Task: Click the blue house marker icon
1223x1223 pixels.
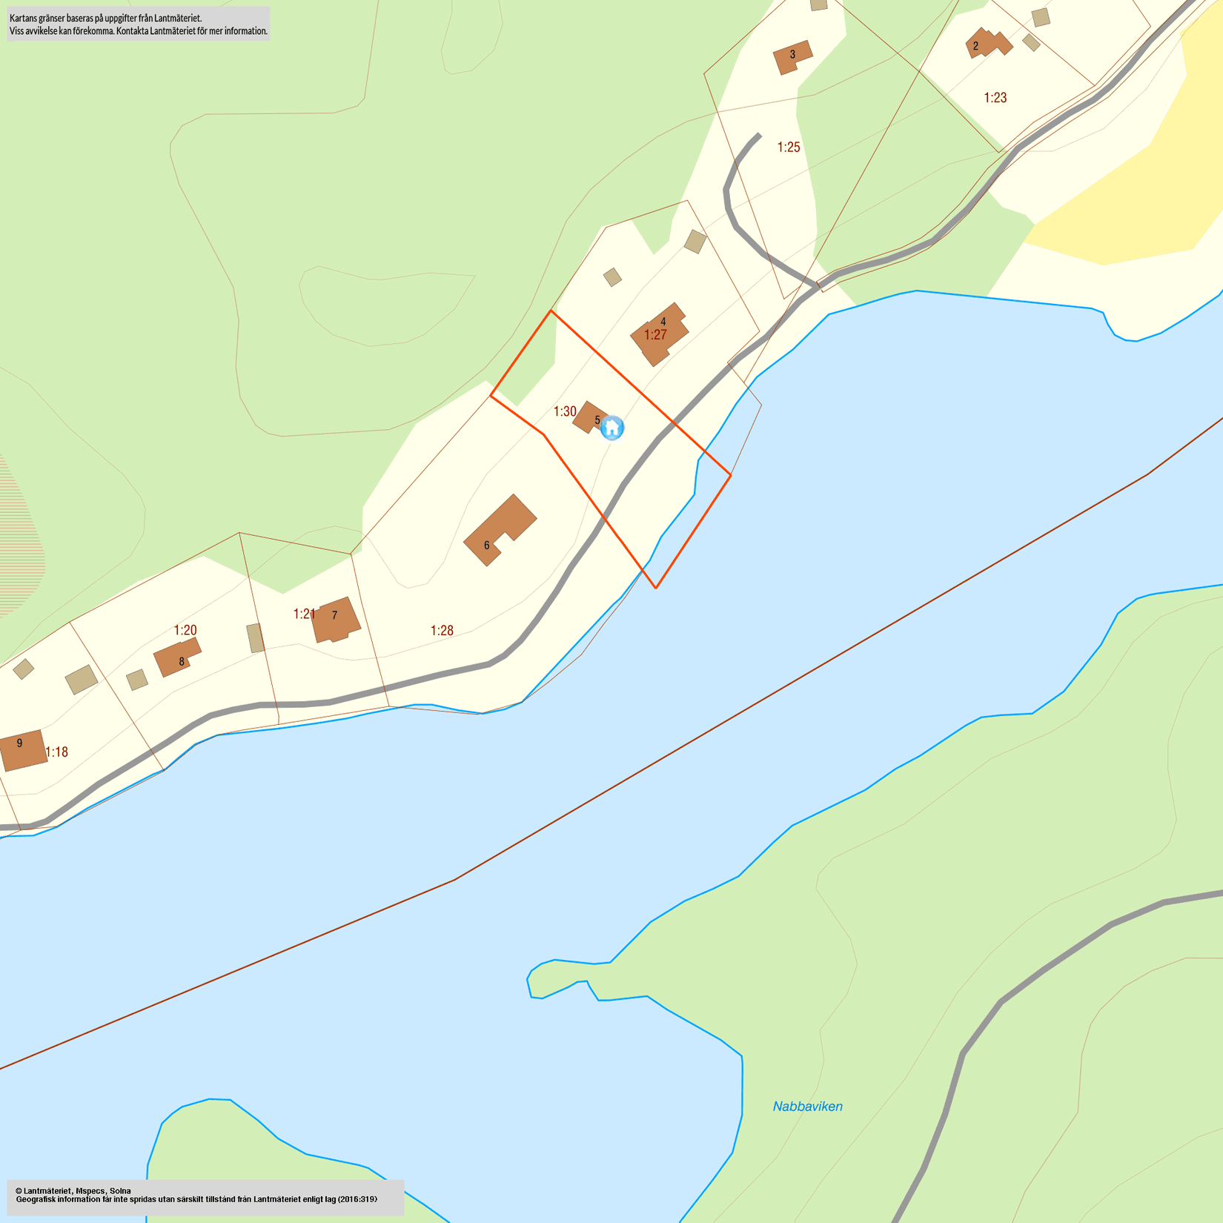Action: click(611, 428)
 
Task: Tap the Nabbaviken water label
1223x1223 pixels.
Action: click(807, 1106)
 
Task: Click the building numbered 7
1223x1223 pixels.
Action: click(335, 620)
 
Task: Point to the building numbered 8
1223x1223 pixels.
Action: click(177, 657)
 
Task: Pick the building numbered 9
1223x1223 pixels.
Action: click(22, 749)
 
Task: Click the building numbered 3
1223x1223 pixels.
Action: click(792, 56)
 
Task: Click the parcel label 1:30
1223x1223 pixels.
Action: click(565, 411)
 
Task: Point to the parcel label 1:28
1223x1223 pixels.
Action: click(442, 630)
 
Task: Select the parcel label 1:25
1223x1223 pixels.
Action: click(788, 147)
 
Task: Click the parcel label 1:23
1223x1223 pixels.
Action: click(995, 97)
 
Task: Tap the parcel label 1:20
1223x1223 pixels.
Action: click(185, 630)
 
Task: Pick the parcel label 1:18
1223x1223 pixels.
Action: click(56, 752)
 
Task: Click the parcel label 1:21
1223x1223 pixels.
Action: click(304, 614)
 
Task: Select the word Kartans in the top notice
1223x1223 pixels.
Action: click(24, 17)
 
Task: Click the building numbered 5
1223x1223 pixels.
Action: click(590, 417)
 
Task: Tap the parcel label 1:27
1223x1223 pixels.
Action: click(655, 335)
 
